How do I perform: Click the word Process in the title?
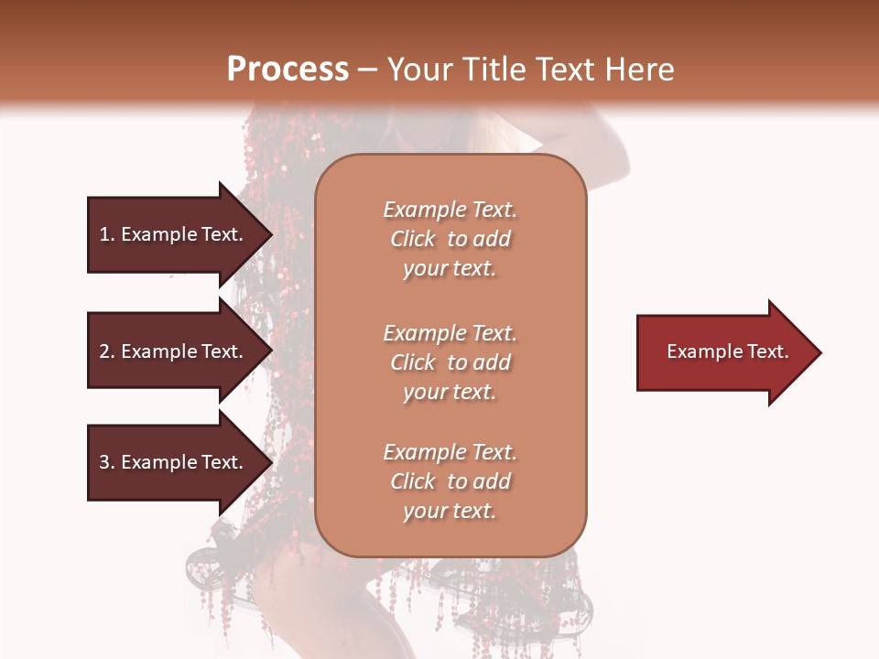288,70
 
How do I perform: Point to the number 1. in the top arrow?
107,234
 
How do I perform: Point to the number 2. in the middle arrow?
107,351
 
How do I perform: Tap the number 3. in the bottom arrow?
107,462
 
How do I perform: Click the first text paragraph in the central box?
450,239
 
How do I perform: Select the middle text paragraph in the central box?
450,362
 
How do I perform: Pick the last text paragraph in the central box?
450,481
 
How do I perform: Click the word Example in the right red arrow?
706,351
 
